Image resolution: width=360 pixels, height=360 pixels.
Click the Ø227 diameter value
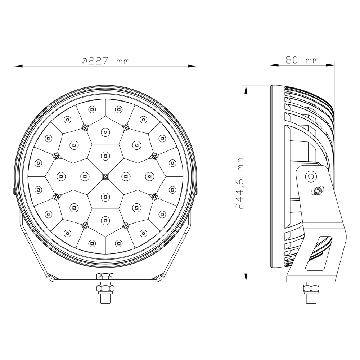[x=95, y=62]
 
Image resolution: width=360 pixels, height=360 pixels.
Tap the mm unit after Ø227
[x=123, y=62]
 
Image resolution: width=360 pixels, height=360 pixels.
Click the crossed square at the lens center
[x=105, y=176]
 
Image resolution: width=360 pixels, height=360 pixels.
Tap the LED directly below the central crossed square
[x=105, y=196]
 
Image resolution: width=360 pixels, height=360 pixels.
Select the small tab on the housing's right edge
[x=197, y=191]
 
